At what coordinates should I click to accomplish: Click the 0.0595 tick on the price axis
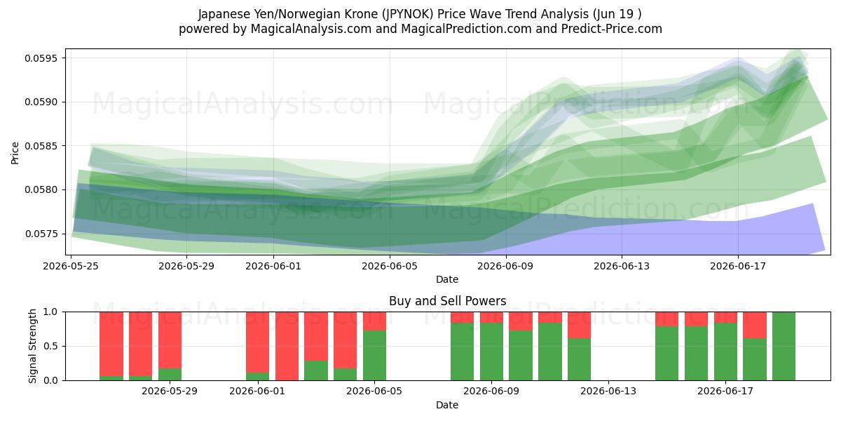41,58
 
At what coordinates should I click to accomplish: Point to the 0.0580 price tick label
41,190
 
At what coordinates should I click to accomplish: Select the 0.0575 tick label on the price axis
41,234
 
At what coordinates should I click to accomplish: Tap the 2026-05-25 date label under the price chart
71,266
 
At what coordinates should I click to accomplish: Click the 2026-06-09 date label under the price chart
505,266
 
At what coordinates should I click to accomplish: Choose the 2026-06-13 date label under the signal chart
608,392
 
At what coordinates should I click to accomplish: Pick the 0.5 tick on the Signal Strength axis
50,346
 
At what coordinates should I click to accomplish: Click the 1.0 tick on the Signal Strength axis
50,312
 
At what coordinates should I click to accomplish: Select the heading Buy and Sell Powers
448,301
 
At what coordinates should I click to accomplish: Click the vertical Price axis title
15,153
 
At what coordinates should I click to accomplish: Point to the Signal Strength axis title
33,346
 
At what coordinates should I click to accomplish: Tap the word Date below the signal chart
447,405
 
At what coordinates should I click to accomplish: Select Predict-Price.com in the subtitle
612,29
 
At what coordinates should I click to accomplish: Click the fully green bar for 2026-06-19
784,346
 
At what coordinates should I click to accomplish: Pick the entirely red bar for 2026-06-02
287,346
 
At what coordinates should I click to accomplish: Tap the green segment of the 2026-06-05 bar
374,355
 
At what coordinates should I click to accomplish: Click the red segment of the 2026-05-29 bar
170,340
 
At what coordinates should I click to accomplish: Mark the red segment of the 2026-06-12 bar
579,325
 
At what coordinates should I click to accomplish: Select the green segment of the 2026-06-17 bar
725,352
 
